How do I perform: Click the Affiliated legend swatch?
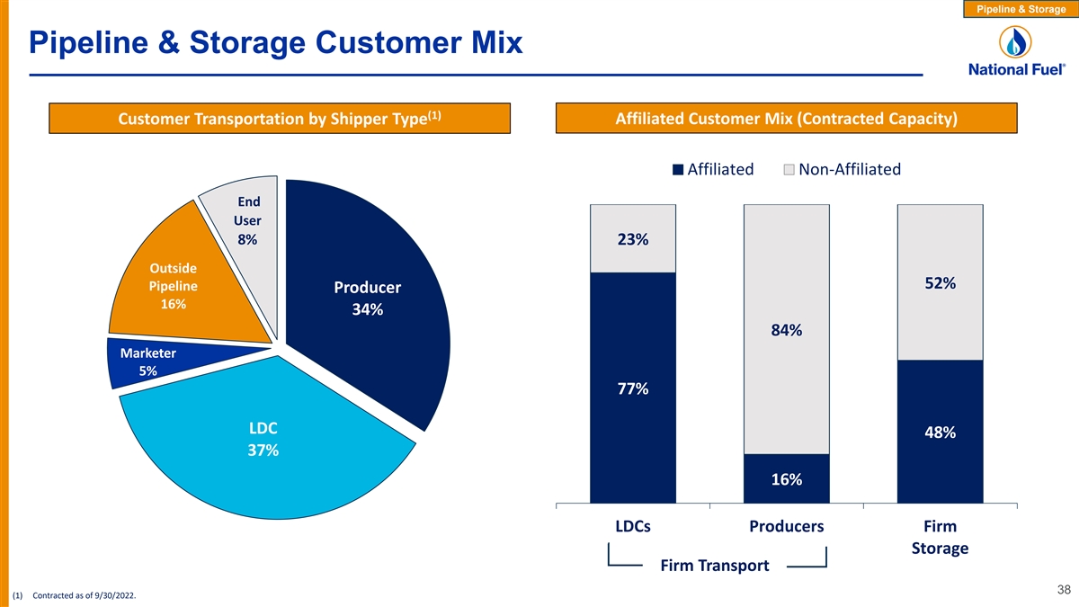(x=679, y=170)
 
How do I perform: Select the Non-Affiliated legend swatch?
(x=789, y=170)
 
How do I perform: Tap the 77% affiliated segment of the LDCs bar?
(x=633, y=388)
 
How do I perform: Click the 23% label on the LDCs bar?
(x=633, y=240)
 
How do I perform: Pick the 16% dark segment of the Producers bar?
(x=787, y=479)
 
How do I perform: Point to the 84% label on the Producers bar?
(x=787, y=331)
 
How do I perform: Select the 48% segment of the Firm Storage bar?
(x=940, y=433)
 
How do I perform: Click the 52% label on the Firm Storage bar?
(x=940, y=283)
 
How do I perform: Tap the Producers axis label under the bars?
(x=787, y=526)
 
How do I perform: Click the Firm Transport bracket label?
(x=715, y=566)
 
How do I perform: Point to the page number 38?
(x=1064, y=590)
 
